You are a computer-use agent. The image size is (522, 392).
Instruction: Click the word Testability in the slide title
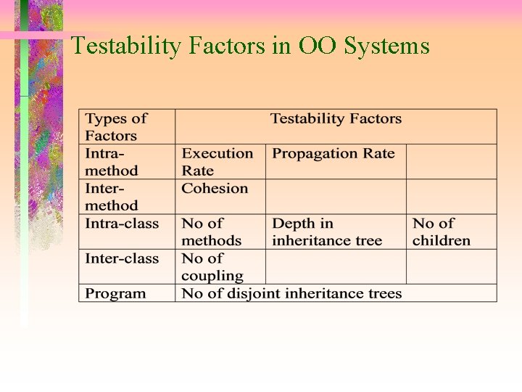point(126,46)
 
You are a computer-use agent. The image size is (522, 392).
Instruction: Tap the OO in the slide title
point(318,46)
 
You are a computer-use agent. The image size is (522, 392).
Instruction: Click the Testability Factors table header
point(336,119)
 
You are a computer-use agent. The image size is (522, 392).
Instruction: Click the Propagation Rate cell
point(334,154)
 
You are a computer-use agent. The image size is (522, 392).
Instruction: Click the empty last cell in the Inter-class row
point(451,266)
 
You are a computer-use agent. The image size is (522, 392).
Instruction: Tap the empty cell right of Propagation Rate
point(451,162)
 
